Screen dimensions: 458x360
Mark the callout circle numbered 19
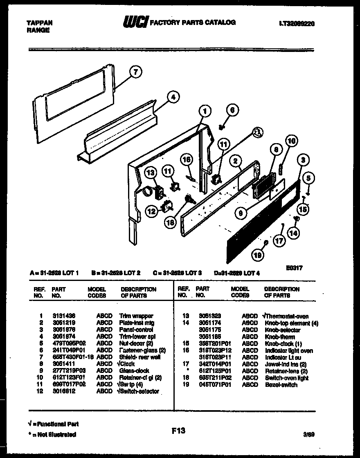click(x=258, y=255)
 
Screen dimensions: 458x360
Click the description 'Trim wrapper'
click(x=136, y=316)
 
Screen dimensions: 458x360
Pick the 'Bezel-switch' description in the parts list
click(x=281, y=385)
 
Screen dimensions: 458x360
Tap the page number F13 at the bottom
click(x=178, y=430)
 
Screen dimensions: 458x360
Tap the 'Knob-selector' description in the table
click(x=282, y=330)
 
